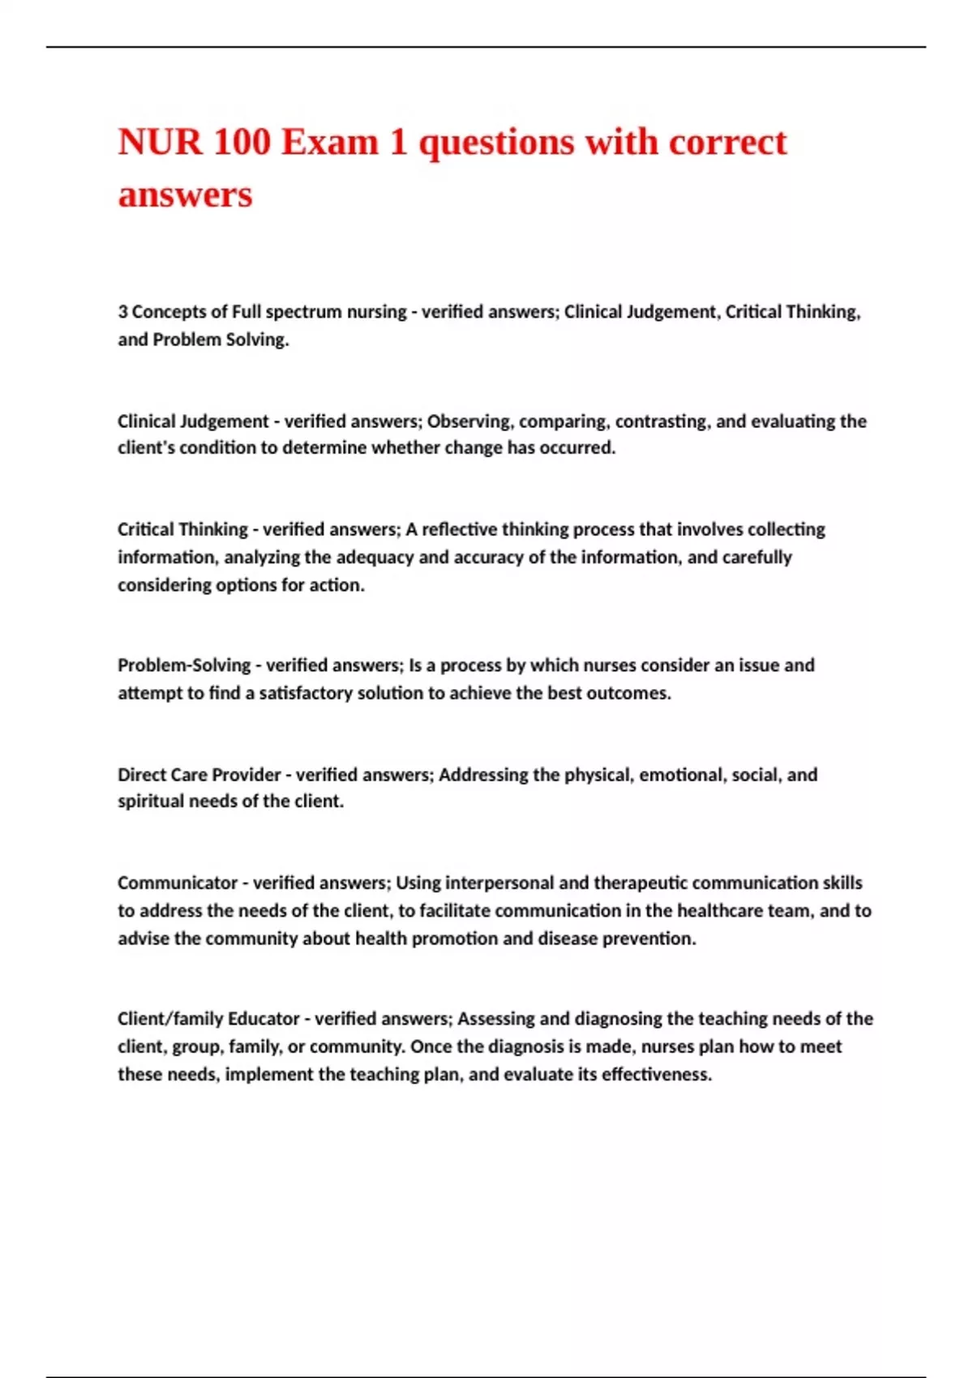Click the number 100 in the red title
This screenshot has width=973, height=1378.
242,143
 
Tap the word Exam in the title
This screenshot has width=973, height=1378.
330,143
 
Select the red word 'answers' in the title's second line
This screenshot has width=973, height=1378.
186,195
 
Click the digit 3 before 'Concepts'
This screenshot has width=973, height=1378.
122,312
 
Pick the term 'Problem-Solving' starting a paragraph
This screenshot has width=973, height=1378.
184,665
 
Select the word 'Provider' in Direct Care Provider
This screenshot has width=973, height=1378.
243,775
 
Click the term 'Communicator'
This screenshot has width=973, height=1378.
178,883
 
